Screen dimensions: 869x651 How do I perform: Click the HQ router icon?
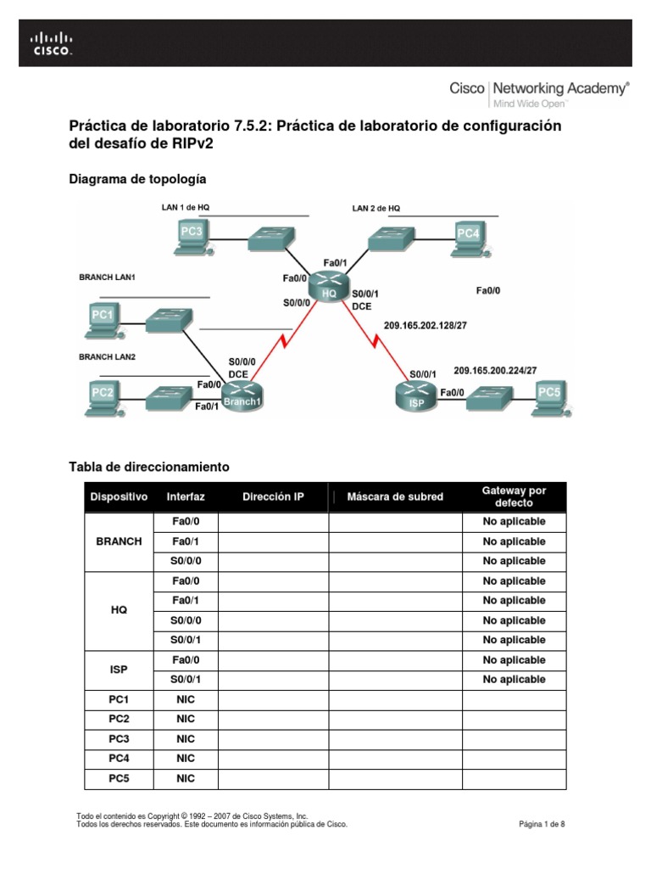pos(329,286)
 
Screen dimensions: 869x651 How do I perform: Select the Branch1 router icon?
pos(242,396)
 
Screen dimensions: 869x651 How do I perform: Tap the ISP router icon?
pos(416,396)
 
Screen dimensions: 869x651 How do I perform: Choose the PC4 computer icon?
pos(468,237)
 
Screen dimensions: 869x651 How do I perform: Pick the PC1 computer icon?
pos(103,321)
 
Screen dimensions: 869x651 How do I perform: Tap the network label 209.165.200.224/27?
pos(495,371)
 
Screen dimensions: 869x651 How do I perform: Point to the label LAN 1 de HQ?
pos(186,207)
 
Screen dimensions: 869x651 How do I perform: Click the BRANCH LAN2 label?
pos(108,357)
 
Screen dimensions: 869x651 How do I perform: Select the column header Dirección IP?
pos(273,496)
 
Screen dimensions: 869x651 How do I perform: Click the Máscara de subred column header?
pos(395,496)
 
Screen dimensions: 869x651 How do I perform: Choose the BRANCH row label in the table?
pos(119,541)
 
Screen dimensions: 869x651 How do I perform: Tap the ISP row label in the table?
pos(119,670)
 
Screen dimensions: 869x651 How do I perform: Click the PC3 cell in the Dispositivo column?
pos(119,738)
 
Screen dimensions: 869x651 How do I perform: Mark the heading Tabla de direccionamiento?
pos(148,467)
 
